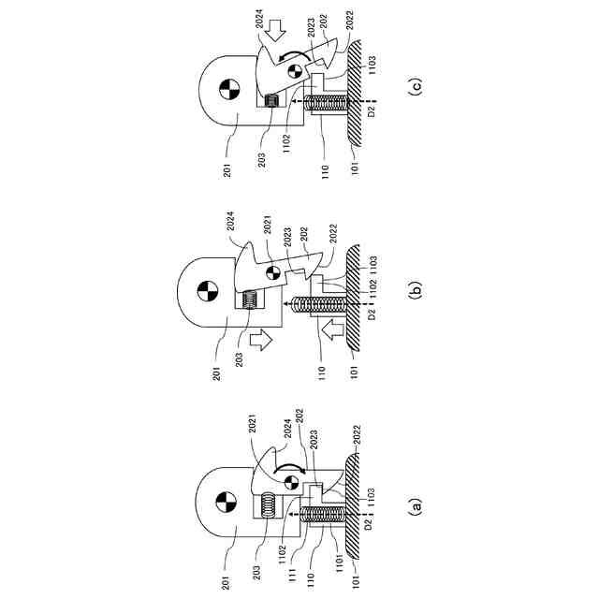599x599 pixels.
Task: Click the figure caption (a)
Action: [416, 506]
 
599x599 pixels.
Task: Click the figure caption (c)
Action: [416, 88]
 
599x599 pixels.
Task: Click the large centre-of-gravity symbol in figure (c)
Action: [226, 91]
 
